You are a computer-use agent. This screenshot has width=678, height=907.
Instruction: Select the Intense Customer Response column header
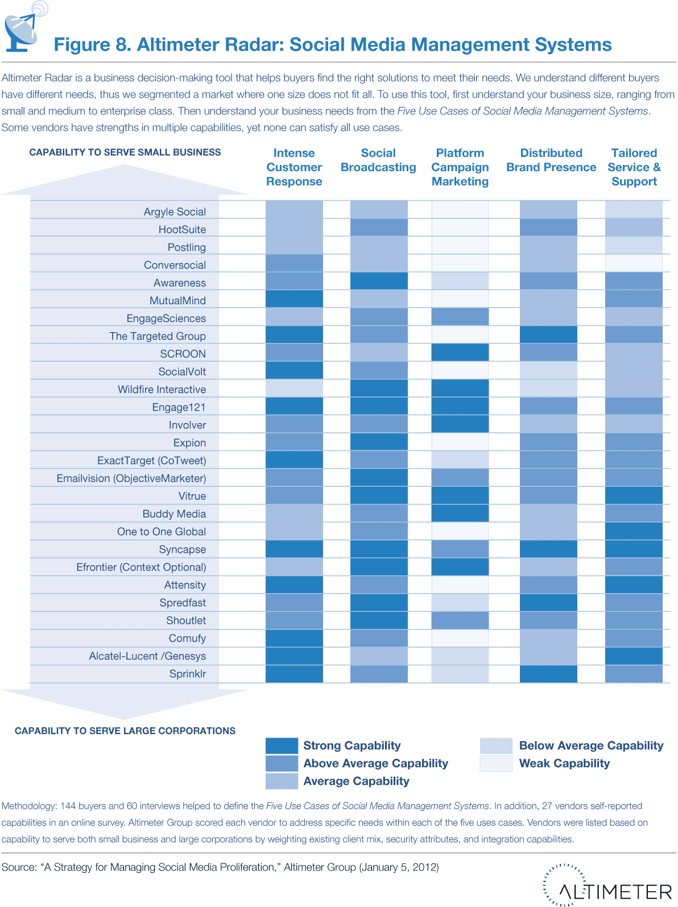[294, 167]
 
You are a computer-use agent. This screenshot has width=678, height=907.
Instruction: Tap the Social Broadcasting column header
[378, 160]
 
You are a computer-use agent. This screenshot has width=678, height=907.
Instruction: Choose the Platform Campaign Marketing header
[460, 167]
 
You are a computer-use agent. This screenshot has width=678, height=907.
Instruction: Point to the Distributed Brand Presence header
[551, 160]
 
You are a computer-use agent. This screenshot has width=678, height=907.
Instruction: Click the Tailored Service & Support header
[634, 167]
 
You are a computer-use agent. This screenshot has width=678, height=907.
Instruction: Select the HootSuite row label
[182, 229]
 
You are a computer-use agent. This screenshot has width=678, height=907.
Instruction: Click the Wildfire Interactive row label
[162, 390]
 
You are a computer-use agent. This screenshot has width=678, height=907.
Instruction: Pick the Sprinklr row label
[187, 674]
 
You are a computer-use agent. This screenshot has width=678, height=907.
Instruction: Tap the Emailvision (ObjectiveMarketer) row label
[131, 478]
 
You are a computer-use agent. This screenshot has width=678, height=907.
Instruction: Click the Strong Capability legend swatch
[282, 746]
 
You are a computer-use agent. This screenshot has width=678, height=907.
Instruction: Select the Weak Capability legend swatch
[496, 763]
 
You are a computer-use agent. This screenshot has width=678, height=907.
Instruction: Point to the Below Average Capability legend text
[591, 746]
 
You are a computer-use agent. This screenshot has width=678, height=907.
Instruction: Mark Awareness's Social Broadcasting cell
[379, 281]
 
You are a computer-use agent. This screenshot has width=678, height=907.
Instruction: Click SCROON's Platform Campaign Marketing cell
[460, 353]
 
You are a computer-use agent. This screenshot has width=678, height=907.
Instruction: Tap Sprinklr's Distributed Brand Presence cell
[548, 673]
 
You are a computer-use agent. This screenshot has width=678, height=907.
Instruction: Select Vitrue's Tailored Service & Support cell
[634, 495]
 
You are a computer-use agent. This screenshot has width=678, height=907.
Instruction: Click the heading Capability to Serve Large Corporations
[125, 731]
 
